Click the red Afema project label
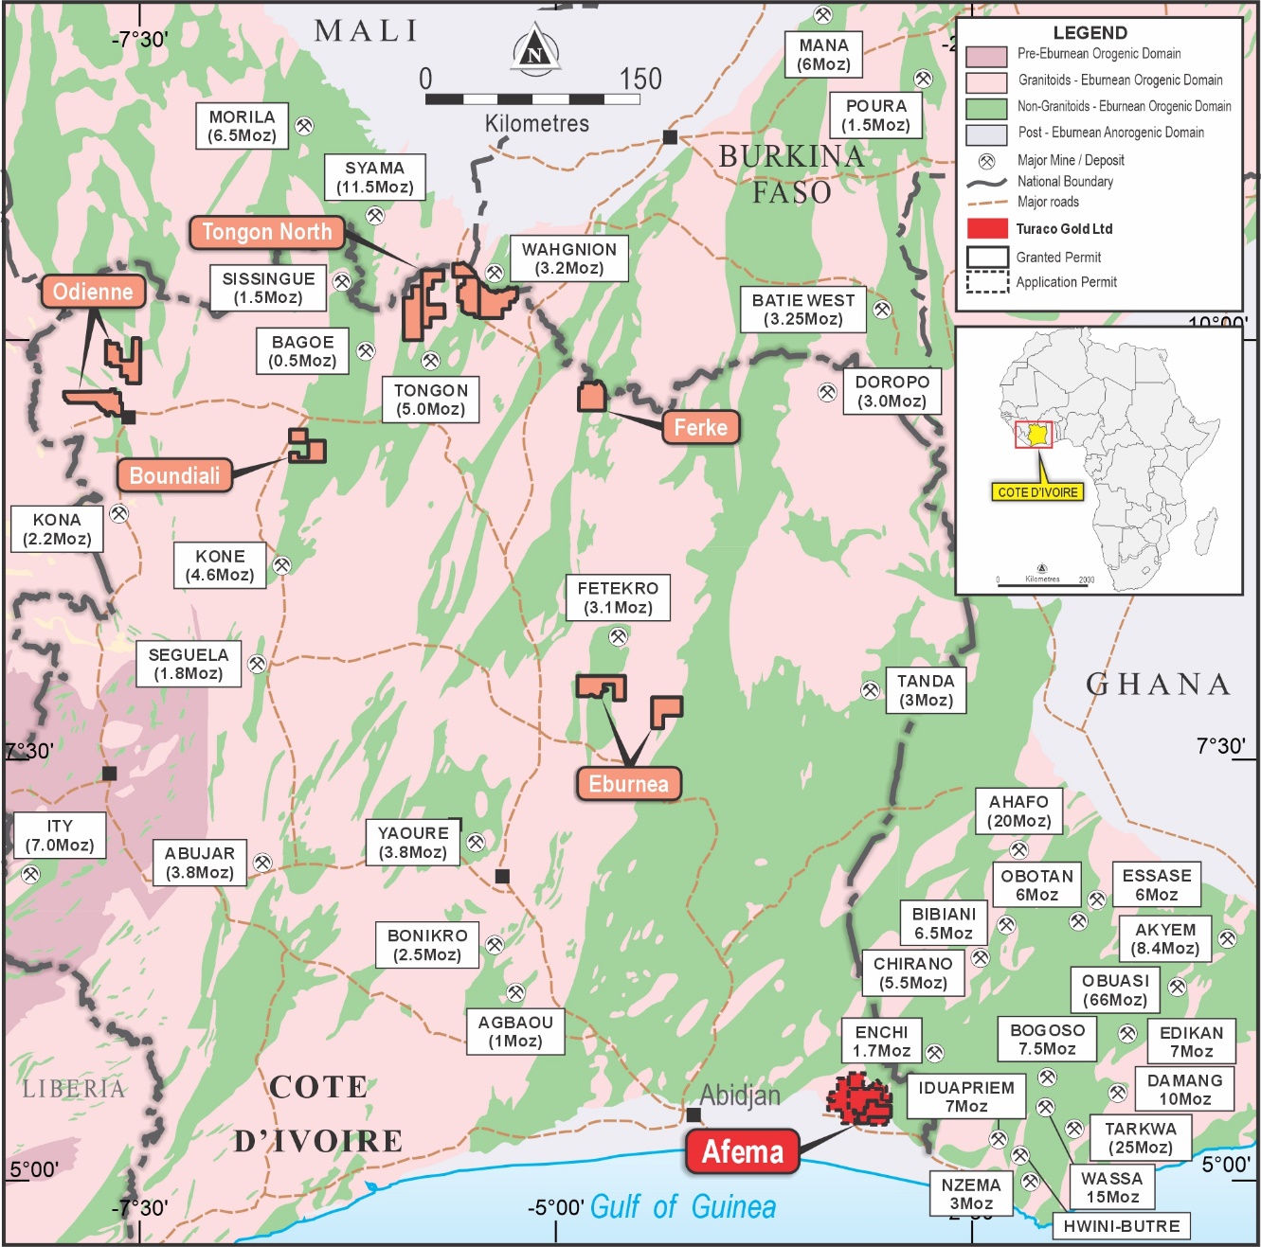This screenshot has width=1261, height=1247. coord(742,1151)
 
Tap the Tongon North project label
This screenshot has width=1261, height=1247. coord(266,232)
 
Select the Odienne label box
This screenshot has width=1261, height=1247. coord(93,292)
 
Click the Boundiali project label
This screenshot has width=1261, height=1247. coord(174,475)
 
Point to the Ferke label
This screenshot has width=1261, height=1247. coord(700,427)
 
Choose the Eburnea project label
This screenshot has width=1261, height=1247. coord(628,784)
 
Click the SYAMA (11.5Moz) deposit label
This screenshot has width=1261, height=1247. coord(374,177)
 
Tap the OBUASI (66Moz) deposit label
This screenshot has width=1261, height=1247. coord(1114,990)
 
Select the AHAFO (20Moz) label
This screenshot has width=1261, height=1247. coord(1018,811)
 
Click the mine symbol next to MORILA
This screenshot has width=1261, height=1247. coord(305,126)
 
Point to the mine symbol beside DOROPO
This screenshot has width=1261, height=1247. coord(827,392)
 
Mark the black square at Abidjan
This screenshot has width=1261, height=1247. coord(694,1114)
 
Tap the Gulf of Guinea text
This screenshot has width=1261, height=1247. coord(682,1207)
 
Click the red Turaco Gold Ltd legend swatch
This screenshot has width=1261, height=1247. coord(986,229)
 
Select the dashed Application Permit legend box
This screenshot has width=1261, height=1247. coord(986,282)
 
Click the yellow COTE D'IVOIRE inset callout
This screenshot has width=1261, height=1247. coord(1038,492)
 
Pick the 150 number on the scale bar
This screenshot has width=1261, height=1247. coord(640,80)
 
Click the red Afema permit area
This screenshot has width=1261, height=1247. coord(859,1099)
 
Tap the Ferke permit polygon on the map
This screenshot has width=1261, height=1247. coord(592,396)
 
